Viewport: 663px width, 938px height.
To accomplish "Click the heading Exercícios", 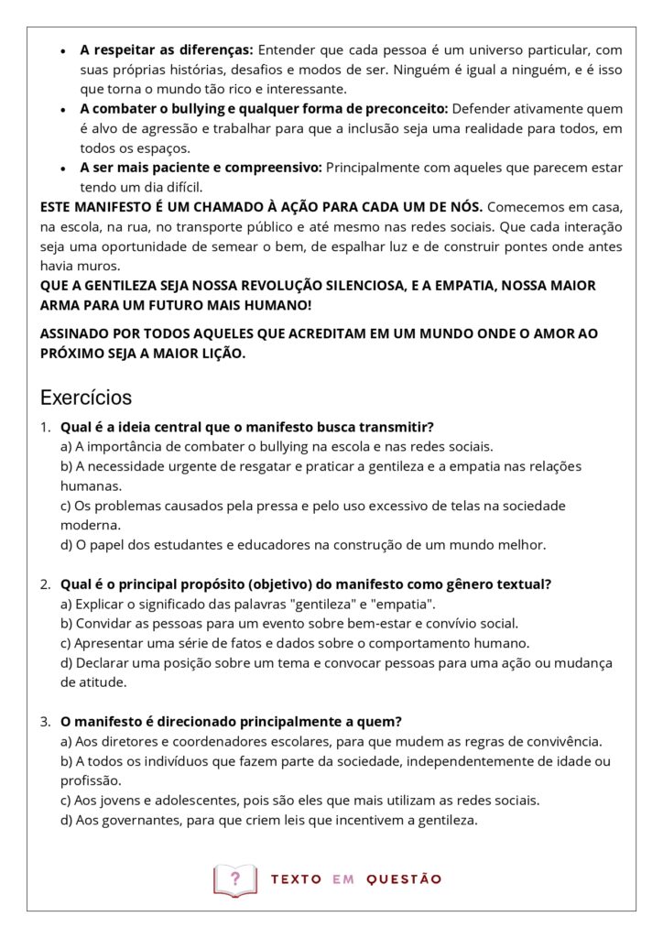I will [x=86, y=398].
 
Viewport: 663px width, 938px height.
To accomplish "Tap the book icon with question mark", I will [x=235, y=879].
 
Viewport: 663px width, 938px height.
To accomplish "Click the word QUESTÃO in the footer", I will [x=404, y=879].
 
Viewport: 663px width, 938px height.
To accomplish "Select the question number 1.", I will [x=45, y=427].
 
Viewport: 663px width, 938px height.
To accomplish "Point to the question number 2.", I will [x=45, y=584].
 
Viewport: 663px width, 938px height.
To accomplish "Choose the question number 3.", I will [x=45, y=721].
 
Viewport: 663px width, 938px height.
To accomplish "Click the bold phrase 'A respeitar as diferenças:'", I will [x=167, y=49].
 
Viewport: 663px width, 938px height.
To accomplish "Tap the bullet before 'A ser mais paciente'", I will [x=62, y=169].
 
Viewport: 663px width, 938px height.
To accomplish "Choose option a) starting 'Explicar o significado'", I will [x=247, y=604].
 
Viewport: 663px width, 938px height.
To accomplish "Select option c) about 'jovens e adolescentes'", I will [x=299, y=800].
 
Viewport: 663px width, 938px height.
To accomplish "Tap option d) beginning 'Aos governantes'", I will [x=268, y=820].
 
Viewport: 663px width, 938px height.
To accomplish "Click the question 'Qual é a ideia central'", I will [x=246, y=427].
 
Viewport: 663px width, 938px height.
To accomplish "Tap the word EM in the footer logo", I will [x=343, y=879].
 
